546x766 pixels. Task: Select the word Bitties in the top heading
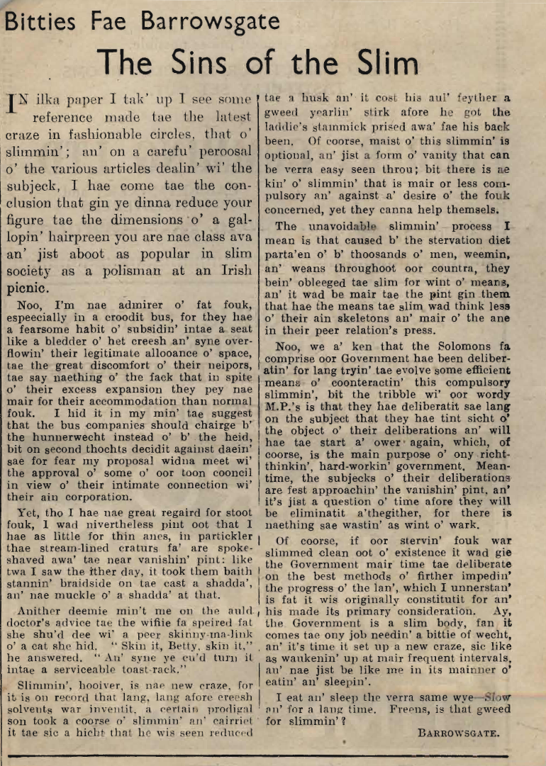tap(40, 23)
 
